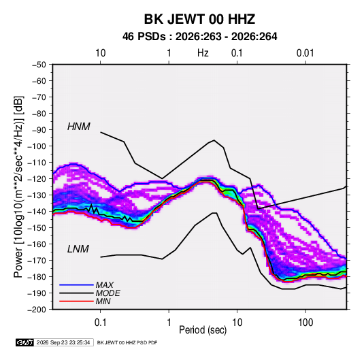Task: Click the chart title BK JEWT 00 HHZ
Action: [x=199, y=19]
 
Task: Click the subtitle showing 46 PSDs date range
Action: [x=199, y=37]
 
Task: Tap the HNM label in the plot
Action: [x=79, y=127]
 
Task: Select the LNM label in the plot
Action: [x=78, y=249]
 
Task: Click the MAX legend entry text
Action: [x=105, y=284]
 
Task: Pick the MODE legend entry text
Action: [x=107, y=293]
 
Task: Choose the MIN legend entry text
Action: [x=103, y=301]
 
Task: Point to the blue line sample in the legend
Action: [x=76, y=285]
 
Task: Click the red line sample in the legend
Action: [x=76, y=301]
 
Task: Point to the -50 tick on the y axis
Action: [x=39, y=65]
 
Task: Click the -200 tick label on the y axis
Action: [x=37, y=310]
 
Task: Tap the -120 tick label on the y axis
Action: [x=37, y=179]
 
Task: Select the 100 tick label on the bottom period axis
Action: [x=305, y=323]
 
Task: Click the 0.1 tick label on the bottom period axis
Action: [x=100, y=323]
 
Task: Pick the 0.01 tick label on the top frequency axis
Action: [x=305, y=53]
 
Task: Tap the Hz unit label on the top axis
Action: [x=203, y=53]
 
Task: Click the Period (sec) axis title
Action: [x=203, y=330]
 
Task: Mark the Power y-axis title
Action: [x=18, y=186]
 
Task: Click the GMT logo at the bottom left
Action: [x=25, y=342]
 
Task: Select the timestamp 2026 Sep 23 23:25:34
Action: [x=63, y=342]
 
